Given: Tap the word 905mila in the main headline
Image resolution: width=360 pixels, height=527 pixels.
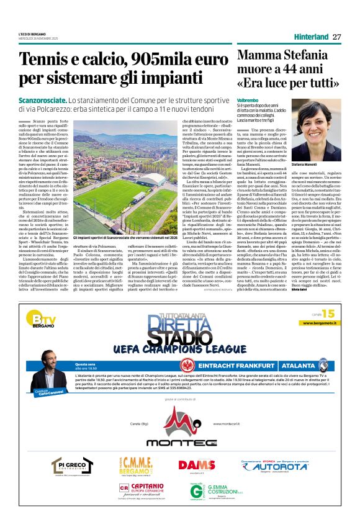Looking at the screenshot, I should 143,60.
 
